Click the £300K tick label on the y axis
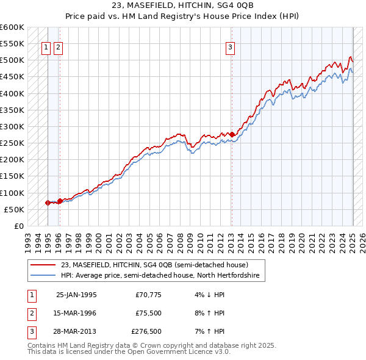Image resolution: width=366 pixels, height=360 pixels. click(12, 126)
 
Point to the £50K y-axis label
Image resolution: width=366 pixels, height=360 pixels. click(14, 209)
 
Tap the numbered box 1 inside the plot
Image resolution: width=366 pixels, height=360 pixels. click(46, 48)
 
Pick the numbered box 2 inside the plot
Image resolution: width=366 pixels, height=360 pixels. click(57, 48)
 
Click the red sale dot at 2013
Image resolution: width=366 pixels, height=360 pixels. click(232, 134)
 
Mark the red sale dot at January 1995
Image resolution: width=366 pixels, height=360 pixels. click(48, 203)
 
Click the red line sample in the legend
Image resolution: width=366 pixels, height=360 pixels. click(44, 265)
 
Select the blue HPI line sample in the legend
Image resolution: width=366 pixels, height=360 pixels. click(44, 276)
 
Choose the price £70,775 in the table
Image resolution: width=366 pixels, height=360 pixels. click(146, 295)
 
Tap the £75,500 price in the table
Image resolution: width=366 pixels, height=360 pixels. click(146, 313)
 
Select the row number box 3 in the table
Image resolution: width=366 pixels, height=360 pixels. click(31, 331)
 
